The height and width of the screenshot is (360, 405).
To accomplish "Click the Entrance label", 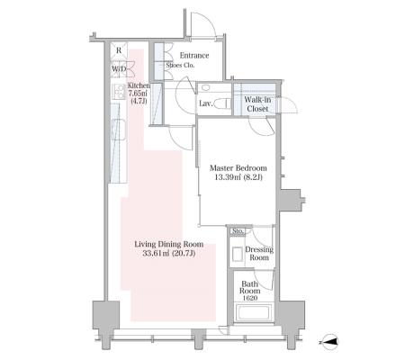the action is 194,56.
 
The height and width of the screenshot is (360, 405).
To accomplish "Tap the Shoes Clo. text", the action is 180,65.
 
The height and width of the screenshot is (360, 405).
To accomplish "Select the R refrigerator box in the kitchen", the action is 119,50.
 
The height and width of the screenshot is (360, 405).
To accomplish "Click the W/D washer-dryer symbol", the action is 119,68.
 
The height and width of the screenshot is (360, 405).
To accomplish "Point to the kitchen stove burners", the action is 119,92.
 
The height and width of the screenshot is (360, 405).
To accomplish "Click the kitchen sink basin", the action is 119,130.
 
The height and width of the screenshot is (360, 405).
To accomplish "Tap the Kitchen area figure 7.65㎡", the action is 139,94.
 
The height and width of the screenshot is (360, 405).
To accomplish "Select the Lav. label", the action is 206,103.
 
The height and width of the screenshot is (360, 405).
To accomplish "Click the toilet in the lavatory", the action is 222,104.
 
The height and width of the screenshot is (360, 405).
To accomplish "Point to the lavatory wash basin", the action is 206,88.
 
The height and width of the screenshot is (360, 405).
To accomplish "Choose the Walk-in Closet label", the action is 257,104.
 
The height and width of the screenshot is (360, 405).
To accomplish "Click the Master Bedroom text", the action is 238,168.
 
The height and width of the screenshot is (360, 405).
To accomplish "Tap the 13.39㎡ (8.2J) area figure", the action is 238,177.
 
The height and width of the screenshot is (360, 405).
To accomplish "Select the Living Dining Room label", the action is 169,244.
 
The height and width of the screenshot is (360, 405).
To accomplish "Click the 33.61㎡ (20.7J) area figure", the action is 169,254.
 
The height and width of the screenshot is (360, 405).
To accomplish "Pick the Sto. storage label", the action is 238,231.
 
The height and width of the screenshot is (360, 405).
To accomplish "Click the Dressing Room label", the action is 259,254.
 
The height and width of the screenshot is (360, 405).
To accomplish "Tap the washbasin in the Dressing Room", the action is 238,254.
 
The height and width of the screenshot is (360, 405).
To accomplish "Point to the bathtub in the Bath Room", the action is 254,313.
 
